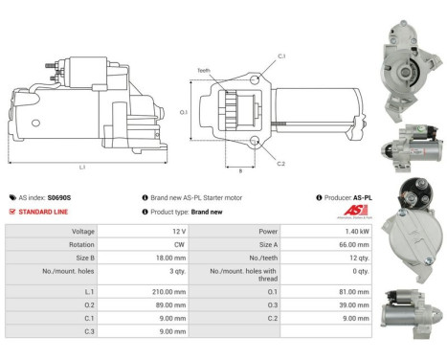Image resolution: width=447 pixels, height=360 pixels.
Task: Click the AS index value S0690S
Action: [x=59, y=196]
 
